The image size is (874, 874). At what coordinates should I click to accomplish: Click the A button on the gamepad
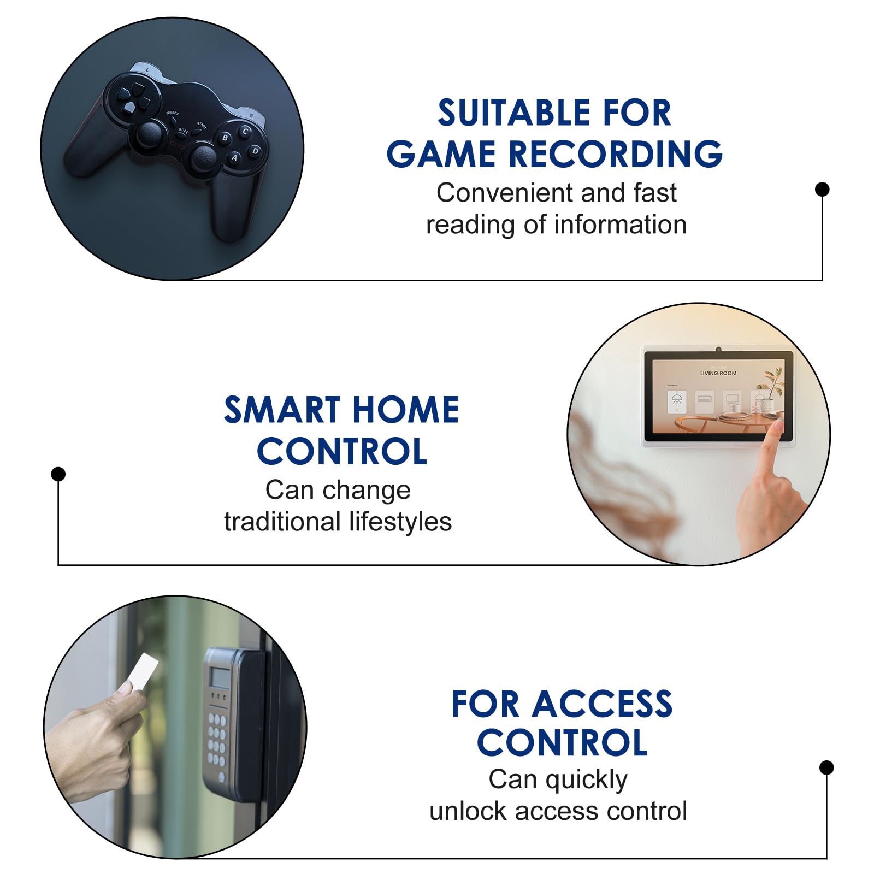[234, 158]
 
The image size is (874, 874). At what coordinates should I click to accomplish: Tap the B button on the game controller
[225, 138]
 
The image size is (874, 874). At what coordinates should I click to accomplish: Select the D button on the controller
[255, 151]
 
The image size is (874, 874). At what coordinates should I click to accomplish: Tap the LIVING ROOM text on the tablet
[718, 373]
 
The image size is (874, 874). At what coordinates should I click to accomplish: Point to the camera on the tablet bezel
[718, 350]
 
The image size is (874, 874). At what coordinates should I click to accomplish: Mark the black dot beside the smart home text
[58, 474]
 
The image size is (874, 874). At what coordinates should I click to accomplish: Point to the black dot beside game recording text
[822, 189]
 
